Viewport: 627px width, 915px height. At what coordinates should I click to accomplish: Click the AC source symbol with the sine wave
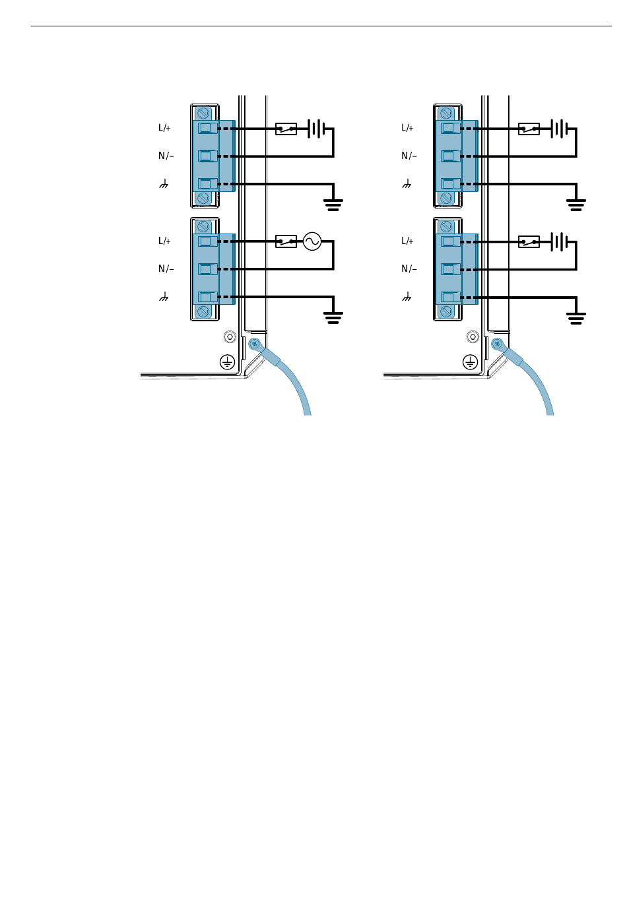pos(312,241)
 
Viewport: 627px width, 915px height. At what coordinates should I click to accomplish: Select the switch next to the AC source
pos(286,241)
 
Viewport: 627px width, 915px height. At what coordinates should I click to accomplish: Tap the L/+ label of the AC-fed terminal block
pos(164,241)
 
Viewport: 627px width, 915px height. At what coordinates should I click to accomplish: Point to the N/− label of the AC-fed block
pos(166,269)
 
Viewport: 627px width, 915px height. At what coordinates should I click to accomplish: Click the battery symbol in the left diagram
pos(317,129)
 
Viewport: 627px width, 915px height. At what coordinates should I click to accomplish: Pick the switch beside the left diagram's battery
pos(286,129)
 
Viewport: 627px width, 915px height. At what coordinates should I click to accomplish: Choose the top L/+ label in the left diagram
pos(164,128)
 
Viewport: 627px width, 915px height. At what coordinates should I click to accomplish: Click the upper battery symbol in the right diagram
pos(560,129)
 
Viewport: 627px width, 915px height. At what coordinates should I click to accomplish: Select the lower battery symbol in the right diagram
pos(560,241)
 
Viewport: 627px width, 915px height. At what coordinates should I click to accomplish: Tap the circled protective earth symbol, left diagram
pos(227,362)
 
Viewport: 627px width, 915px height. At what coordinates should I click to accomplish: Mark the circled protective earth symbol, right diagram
pos(470,362)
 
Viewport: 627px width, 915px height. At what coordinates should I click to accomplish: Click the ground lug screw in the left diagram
pos(254,343)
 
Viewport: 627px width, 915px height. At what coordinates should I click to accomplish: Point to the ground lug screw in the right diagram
pos(497,343)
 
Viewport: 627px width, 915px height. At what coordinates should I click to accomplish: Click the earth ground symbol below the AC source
pos(333,318)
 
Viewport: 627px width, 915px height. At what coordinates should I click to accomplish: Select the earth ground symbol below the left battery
pos(333,205)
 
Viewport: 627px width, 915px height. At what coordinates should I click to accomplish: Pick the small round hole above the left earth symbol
pos(230,337)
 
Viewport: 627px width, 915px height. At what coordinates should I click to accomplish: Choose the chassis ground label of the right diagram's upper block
pos(407,184)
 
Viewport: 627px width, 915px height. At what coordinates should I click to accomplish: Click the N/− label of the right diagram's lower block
pos(409,269)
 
